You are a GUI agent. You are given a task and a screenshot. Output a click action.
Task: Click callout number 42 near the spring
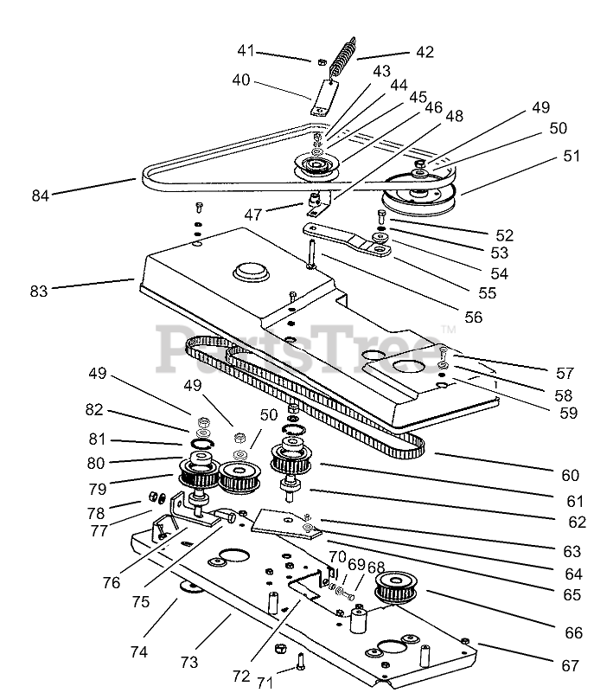424,51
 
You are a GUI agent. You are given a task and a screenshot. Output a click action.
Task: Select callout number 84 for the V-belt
40,195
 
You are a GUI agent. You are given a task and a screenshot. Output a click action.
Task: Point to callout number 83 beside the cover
38,292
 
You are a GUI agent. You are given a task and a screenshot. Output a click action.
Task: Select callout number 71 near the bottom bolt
265,683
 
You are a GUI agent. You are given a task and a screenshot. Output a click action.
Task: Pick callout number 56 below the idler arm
473,317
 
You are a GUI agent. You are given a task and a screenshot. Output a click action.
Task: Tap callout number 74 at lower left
138,652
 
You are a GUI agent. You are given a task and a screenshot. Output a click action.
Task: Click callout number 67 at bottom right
569,665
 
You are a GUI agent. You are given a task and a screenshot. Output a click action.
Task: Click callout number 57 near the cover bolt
565,374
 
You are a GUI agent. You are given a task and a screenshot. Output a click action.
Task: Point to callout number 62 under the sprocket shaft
577,522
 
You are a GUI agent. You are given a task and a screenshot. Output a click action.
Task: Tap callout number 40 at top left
240,80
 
